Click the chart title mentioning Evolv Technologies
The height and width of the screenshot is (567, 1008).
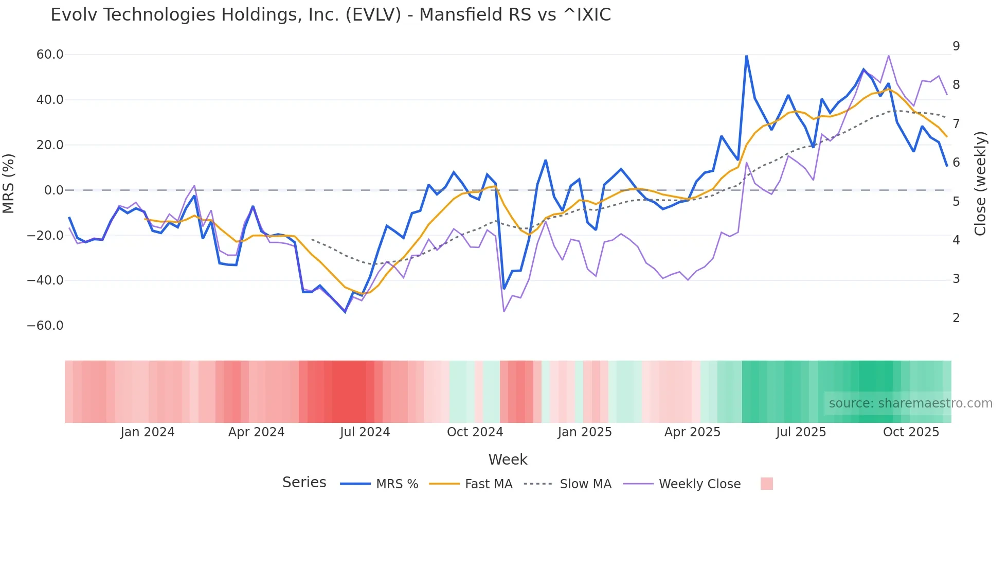(x=331, y=15)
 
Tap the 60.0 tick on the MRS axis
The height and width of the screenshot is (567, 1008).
(x=49, y=55)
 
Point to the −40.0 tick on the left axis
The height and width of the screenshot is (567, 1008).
(x=45, y=280)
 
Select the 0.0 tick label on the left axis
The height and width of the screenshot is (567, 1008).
(x=53, y=190)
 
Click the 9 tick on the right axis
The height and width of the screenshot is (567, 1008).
(x=956, y=46)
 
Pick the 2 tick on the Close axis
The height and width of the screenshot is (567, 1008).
(x=956, y=318)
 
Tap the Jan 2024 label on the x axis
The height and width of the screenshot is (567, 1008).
(x=148, y=432)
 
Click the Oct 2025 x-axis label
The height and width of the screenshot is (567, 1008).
(x=911, y=432)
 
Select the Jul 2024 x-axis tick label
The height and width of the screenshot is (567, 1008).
(x=365, y=432)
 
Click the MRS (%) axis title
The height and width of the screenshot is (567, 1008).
(x=9, y=183)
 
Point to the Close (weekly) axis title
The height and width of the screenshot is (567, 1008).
(x=980, y=184)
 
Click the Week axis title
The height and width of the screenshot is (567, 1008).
(x=508, y=459)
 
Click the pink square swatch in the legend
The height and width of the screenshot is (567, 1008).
(x=766, y=484)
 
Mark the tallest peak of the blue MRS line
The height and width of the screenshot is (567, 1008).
(x=746, y=56)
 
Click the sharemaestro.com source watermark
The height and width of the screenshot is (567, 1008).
(x=910, y=403)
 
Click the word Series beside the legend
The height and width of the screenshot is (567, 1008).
(x=304, y=483)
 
